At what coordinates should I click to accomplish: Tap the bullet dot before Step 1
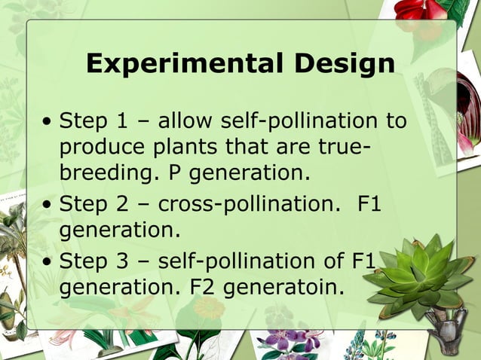(48, 121)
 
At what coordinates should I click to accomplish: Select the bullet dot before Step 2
(48, 203)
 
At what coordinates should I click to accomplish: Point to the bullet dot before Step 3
(48, 262)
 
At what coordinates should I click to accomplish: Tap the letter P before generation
(175, 173)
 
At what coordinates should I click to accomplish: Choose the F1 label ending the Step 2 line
(368, 203)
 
